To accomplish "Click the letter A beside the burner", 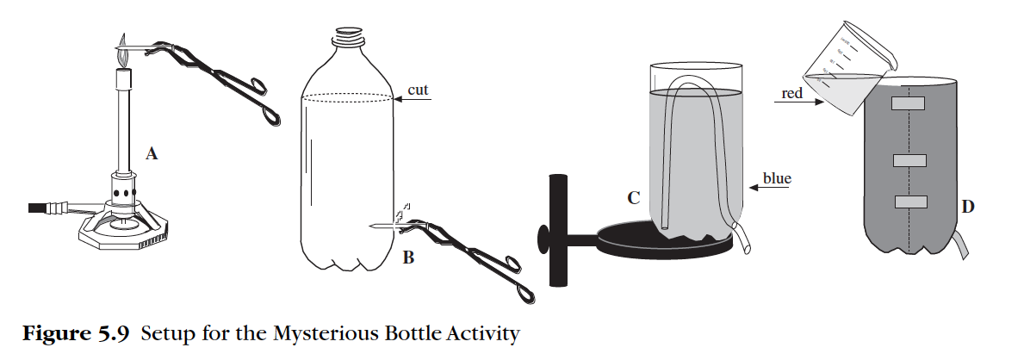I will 152,154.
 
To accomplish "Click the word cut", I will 418,90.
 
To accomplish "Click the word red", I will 791,93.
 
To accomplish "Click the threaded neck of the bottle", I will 349,36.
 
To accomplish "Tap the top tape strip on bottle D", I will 908,103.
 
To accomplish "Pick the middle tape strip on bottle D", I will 909,160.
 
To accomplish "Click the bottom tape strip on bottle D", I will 909,202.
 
